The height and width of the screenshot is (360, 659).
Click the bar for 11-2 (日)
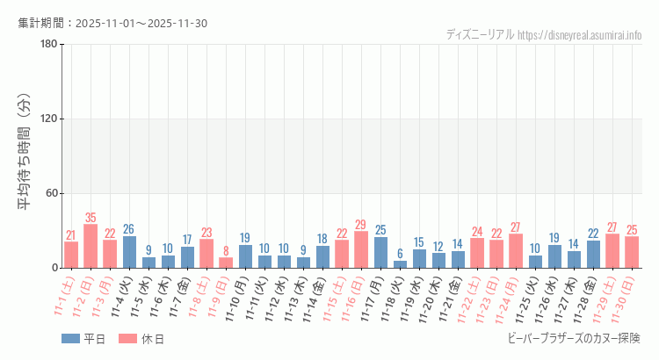[x=91, y=246]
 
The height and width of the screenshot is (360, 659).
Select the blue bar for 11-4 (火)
[x=129, y=252]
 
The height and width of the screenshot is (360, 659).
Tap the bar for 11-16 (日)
[x=361, y=249]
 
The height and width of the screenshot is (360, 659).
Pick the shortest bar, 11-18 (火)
[x=400, y=264]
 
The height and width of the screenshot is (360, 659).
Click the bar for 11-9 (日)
[x=226, y=263]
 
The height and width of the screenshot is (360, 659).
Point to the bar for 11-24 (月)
[x=516, y=251]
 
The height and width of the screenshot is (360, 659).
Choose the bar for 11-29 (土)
[x=612, y=251]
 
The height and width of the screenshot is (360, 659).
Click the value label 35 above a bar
[x=91, y=218]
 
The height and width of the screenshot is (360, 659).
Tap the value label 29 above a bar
[x=361, y=225]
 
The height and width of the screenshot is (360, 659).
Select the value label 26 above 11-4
[x=129, y=229]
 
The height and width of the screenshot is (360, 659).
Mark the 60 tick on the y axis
[x=51, y=193]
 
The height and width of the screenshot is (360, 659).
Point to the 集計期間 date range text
[x=112, y=23]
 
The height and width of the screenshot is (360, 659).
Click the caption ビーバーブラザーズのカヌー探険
[x=575, y=338]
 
